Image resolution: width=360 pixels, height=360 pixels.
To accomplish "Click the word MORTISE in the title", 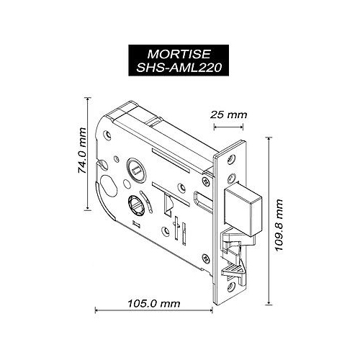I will pyautogui.click(x=180, y=54).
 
